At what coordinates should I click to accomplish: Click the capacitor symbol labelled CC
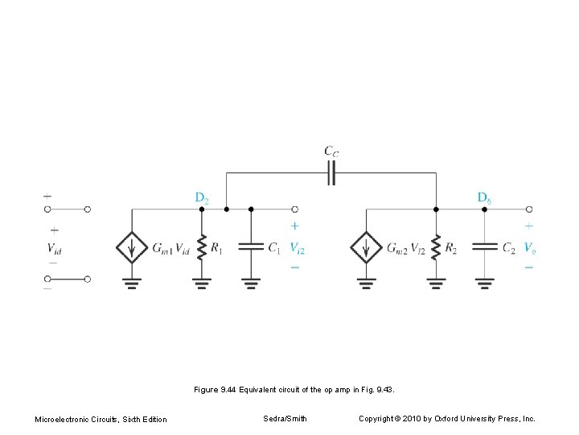[x=331, y=172]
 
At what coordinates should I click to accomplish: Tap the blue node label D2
[x=201, y=197]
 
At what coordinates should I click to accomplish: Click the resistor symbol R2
[x=435, y=247]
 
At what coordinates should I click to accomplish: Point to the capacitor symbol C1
[x=251, y=247]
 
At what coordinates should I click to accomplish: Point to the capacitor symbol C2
[x=484, y=247]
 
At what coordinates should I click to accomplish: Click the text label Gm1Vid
[x=171, y=248]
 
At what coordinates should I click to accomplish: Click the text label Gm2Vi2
[x=405, y=248]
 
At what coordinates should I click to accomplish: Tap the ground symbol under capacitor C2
[x=484, y=282]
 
